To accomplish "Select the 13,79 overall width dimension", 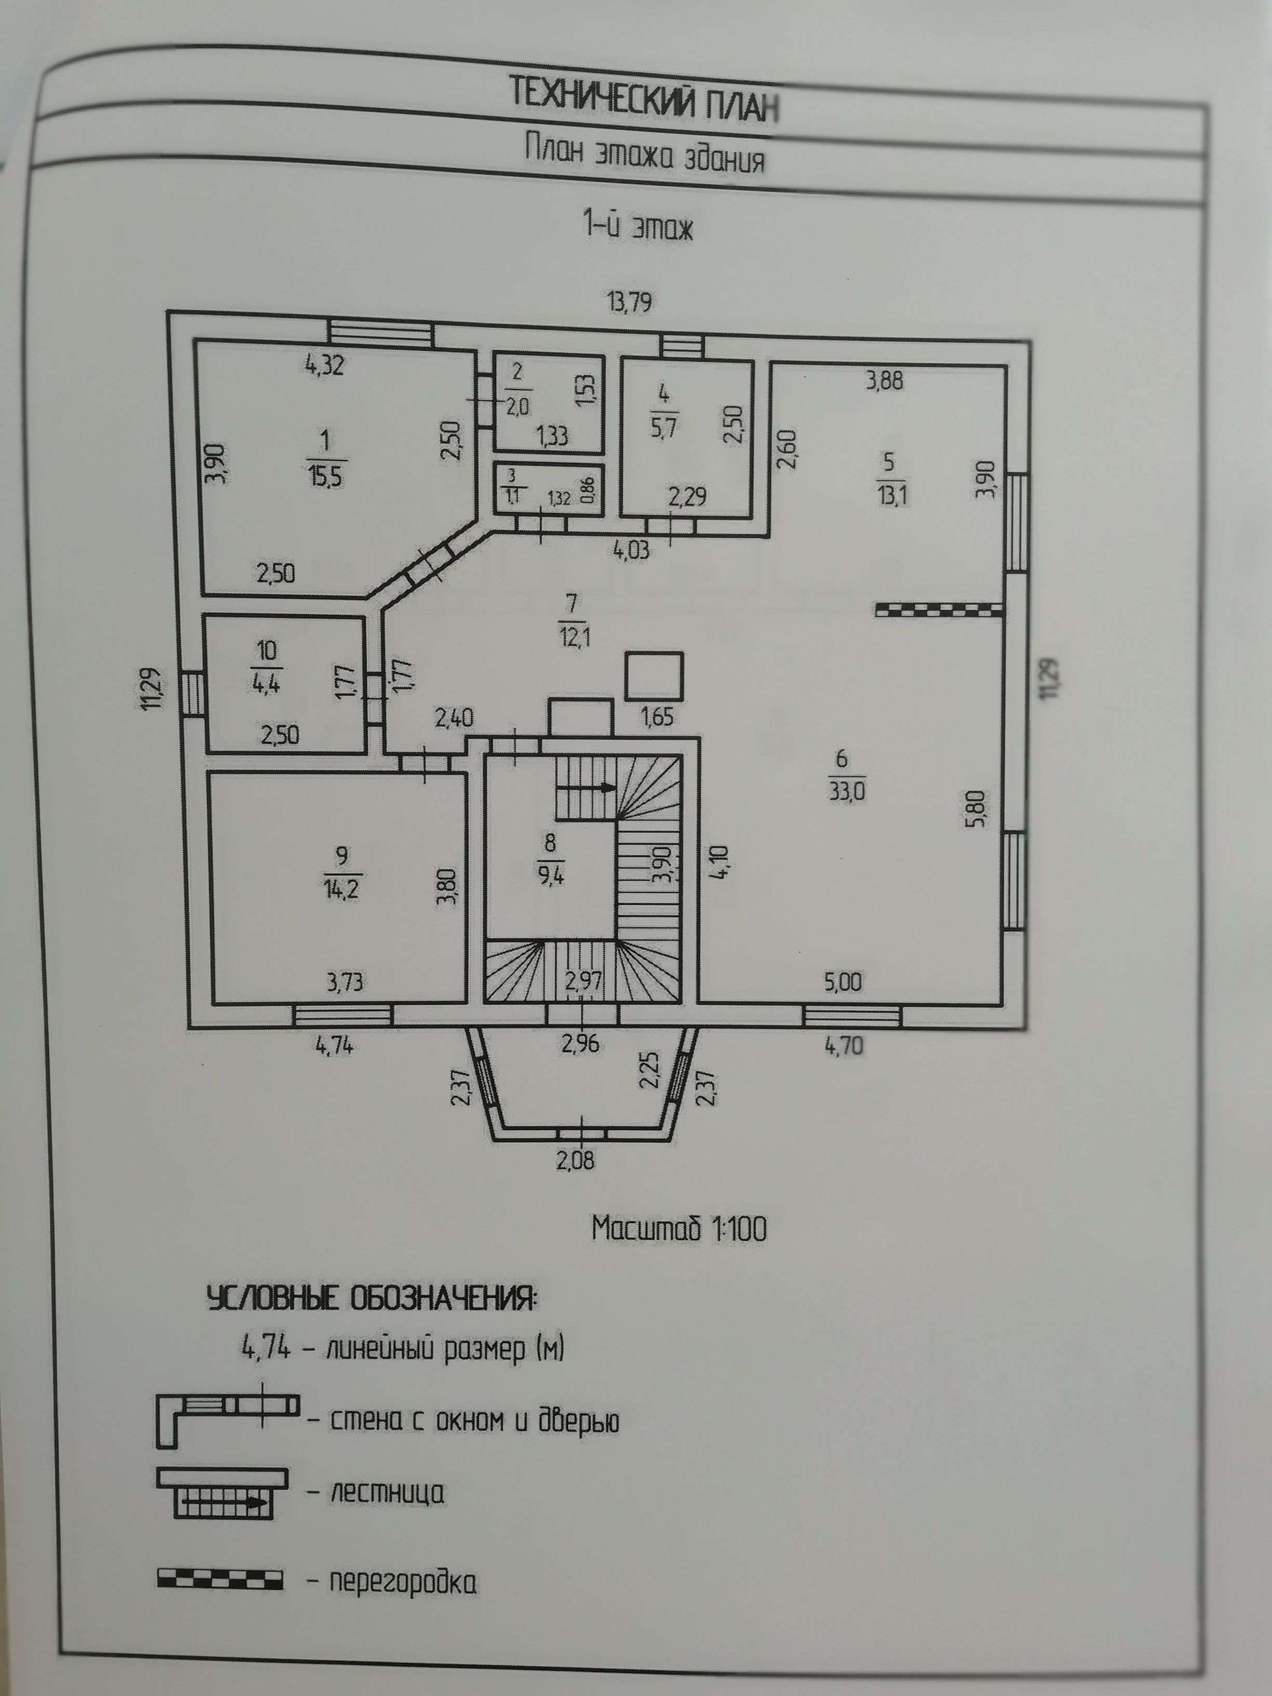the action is [x=629, y=303].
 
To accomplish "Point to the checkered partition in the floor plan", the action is [x=939, y=610].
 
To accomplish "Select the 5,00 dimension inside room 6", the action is [x=843, y=981].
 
